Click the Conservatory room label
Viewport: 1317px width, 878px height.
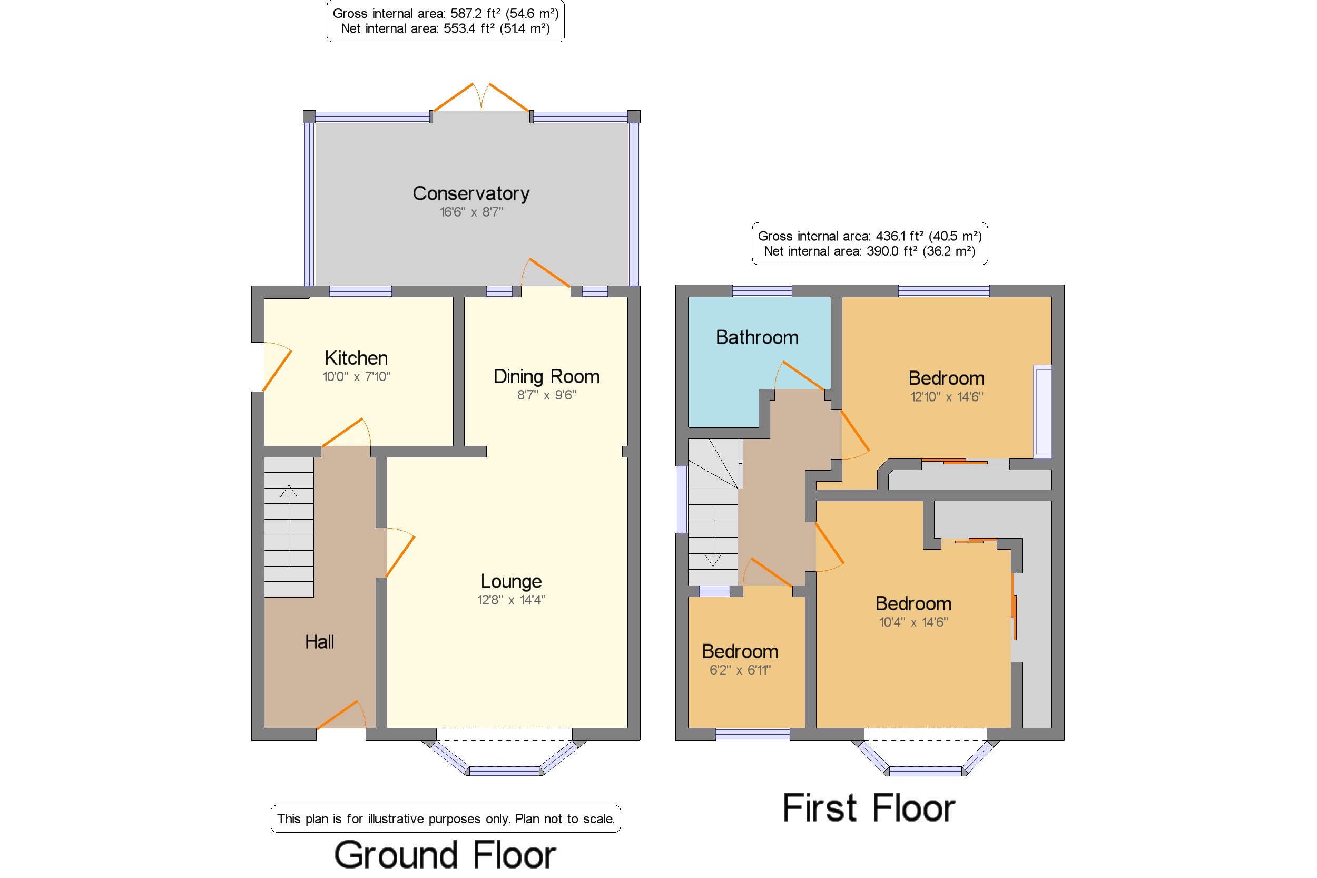[471, 193]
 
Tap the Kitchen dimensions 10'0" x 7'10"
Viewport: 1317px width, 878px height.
[357, 376]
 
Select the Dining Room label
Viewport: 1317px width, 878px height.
[546, 376]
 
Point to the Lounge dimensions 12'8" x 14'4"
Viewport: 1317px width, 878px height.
[511, 600]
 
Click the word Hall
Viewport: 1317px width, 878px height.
[320, 642]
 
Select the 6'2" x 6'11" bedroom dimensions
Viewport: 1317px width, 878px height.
[740, 670]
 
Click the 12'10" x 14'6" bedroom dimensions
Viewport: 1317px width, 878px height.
[947, 396]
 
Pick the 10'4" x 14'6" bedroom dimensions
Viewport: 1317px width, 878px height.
[913, 621]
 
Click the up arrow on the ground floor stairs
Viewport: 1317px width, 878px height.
[289, 527]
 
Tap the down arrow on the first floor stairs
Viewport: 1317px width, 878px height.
[713, 537]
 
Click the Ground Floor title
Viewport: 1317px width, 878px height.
[445, 855]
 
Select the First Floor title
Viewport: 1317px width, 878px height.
[869, 807]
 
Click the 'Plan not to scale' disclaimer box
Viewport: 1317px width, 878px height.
[446, 818]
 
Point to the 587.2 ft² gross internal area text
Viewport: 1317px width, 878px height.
[446, 14]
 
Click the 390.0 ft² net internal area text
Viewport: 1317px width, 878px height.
[870, 251]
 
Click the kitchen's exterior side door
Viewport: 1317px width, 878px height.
[277, 367]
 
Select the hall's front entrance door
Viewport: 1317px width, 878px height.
[341, 715]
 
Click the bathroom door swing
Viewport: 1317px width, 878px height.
[799, 375]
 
